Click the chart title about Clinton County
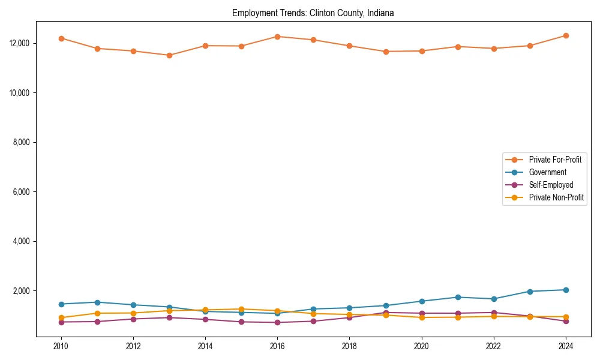click(x=313, y=13)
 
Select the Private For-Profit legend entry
click(x=551, y=160)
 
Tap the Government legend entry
click(x=547, y=172)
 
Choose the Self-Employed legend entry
click(x=551, y=185)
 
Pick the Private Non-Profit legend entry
click(x=556, y=197)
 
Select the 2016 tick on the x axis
click(x=277, y=346)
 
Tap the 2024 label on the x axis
click(x=566, y=346)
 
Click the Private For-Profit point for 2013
click(x=169, y=55)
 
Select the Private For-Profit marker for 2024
click(x=566, y=35)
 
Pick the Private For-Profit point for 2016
click(x=277, y=37)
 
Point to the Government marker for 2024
click(x=566, y=290)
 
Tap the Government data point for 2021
click(x=458, y=297)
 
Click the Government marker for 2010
click(x=61, y=304)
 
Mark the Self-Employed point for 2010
click(x=61, y=322)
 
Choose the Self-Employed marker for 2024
click(x=566, y=321)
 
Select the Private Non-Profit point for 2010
click(x=61, y=317)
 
